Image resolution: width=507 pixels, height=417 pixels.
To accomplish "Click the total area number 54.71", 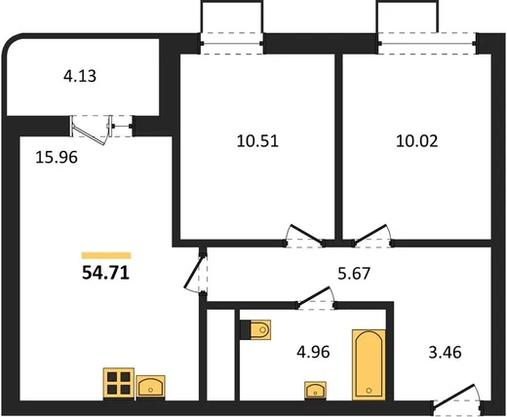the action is [x=105, y=273].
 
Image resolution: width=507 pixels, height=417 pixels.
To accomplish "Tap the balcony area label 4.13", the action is [x=80, y=76].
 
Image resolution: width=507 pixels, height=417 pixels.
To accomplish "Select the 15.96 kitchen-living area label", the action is [x=57, y=157].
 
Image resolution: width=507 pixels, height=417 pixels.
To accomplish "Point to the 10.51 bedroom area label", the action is [x=257, y=141].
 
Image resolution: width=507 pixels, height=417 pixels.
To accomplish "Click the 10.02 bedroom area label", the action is [x=416, y=141].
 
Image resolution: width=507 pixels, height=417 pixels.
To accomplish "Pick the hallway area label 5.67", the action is [x=354, y=273].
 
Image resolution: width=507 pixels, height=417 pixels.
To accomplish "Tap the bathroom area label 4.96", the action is [x=313, y=352].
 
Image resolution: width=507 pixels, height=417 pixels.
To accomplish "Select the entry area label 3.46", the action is [x=445, y=352].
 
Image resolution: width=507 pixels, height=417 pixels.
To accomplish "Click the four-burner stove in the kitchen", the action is [x=119, y=383].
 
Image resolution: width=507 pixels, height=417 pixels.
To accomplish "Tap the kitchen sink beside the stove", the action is [x=150, y=387].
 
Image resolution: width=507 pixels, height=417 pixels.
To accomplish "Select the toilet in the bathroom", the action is [x=255, y=330].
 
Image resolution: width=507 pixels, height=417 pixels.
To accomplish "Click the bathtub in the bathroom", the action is [x=369, y=365].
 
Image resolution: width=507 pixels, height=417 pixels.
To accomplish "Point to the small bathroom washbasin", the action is [x=315, y=390].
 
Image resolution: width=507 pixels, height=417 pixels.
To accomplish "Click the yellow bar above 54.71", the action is [x=106, y=255].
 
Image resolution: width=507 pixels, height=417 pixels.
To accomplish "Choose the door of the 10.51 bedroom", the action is [x=304, y=236].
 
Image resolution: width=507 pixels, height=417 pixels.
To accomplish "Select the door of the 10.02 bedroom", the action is [x=372, y=236].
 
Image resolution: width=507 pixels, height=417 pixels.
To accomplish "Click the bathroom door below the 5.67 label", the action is [x=315, y=297].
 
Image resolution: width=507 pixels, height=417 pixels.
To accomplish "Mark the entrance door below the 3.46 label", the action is [x=456, y=396].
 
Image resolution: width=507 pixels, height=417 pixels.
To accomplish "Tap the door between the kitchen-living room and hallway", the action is [x=196, y=271].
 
